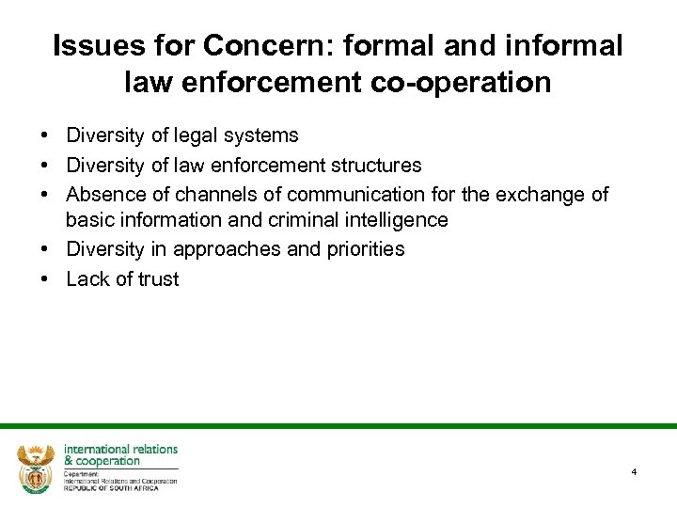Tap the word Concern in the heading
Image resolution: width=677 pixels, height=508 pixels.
[x=246, y=45]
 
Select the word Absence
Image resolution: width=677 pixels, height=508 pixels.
[x=102, y=195]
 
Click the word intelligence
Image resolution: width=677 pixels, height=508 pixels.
[x=385, y=220]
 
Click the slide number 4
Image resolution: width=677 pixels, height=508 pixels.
[x=635, y=471]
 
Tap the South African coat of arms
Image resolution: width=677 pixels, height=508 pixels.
[x=37, y=467]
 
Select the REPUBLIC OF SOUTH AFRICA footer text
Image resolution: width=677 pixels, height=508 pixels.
[x=111, y=487]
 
